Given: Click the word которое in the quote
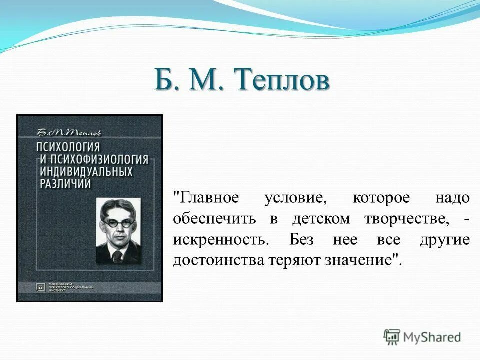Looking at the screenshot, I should tap(381, 198).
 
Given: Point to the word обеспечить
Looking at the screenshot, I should tap(215, 219).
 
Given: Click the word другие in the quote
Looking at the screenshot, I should tap(444, 240).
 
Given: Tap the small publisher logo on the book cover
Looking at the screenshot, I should tap(40, 287).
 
